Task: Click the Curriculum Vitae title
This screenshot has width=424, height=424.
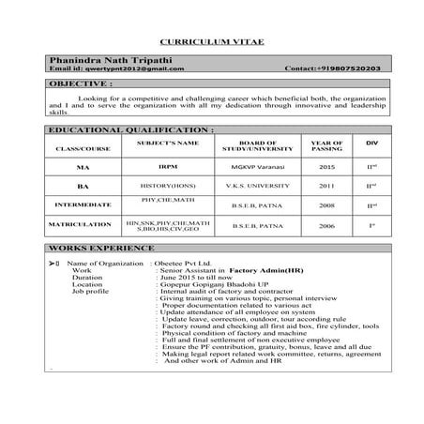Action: coord(211,43)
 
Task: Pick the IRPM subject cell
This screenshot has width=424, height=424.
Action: coord(168,166)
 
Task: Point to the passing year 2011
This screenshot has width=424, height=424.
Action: coord(326,186)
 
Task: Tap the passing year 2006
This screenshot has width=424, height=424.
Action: coord(326,226)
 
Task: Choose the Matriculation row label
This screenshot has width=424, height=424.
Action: coord(81,226)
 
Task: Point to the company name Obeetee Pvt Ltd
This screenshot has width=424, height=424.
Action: coord(186,264)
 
